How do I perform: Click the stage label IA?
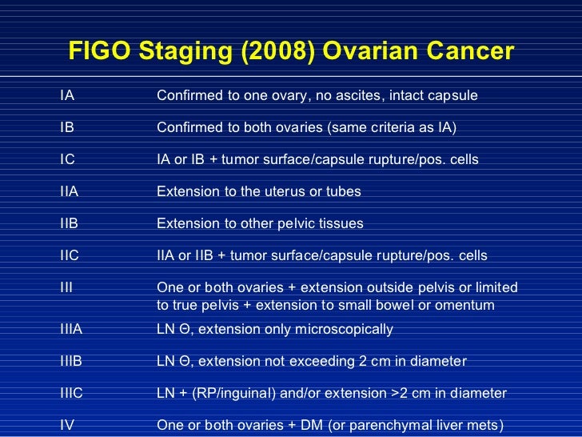(67, 96)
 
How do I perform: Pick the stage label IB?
(67, 128)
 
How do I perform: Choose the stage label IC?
(68, 159)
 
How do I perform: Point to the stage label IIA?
(70, 191)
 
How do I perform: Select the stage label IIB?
(70, 223)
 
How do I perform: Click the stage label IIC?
(70, 255)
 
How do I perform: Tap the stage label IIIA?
(72, 329)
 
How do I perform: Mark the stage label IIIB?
(72, 361)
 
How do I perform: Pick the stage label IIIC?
(73, 393)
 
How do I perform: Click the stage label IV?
(67, 425)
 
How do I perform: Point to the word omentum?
(467, 306)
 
